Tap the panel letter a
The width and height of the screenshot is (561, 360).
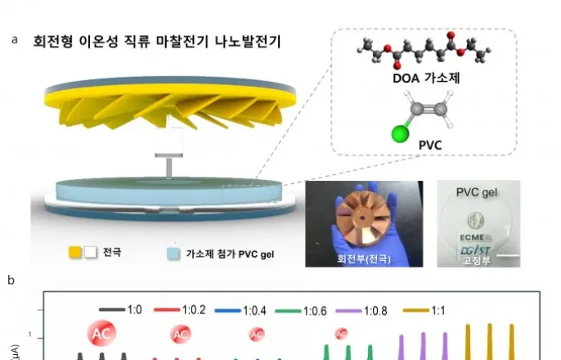coord(14,38)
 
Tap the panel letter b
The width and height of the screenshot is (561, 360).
coord(11,281)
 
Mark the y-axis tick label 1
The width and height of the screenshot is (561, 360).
coord(29,336)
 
